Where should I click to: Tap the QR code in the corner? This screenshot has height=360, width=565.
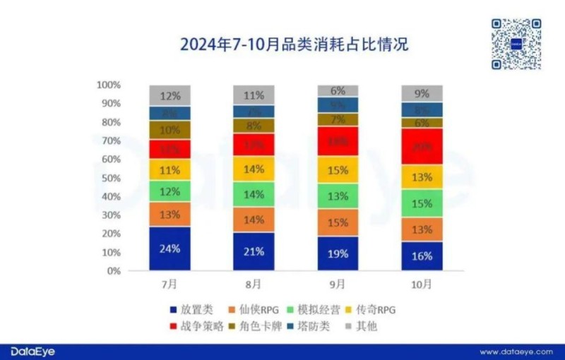pyautogui.click(x=516, y=44)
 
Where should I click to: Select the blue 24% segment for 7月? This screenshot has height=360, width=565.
pyautogui.click(x=169, y=248)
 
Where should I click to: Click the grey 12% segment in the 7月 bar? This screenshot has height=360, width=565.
pyautogui.click(x=169, y=95)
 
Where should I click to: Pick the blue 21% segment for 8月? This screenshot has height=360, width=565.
pyautogui.click(x=254, y=251)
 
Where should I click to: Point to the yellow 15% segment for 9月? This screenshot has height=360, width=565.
pyautogui.click(x=338, y=171)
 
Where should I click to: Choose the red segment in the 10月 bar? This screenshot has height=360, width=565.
pyautogui.click(x=422, y=147)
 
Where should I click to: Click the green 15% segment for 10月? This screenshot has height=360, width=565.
pyautogui.click(x=422, y=203)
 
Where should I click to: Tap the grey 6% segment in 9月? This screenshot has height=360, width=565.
pyautogui.click(x=338, y=90)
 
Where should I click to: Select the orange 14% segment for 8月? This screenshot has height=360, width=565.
pyautogui.click(x=254, y=220)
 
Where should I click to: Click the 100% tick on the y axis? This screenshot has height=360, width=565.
pyautogui.click(x=109, y=85)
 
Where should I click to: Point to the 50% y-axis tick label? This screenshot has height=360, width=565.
pyautogui.click(x=111, y=178)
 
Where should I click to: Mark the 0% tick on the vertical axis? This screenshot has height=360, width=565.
pyautogui.click(x=114, y=271)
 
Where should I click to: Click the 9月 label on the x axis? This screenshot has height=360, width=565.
pyautogui.click(x=338, y=284)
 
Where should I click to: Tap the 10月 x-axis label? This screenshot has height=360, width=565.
pyautogui.click(x=422, y=284)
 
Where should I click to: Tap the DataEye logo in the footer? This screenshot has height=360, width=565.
pyautogui.click(x=32, y=351)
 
